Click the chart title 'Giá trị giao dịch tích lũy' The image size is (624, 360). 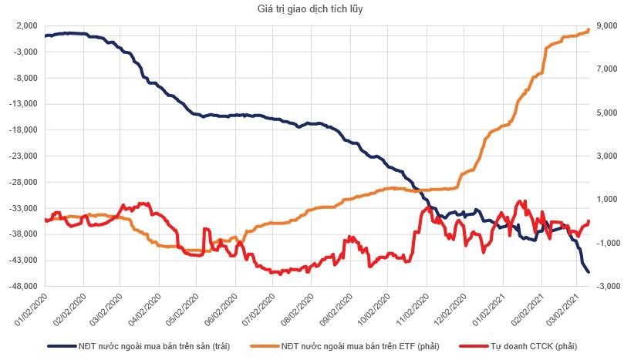pos(312,8)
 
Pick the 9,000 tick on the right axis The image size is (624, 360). pos(604,25)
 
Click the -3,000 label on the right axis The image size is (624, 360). pos(604,287)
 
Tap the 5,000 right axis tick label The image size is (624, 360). pos(604,113)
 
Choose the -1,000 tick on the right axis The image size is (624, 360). pos(604,243)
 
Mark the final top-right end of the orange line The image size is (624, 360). pos(589,30)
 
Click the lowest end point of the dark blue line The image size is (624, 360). pos(589,272)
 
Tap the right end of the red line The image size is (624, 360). pos(589,221)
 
